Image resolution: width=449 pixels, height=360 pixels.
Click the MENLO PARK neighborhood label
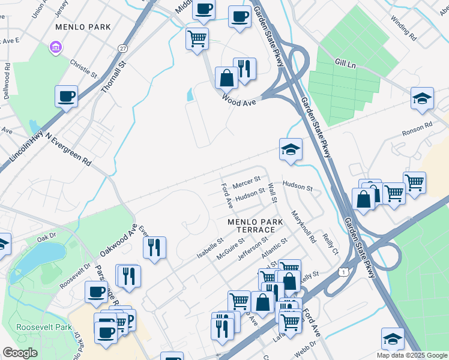(83, 27)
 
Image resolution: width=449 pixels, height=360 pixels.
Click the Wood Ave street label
(239, 99)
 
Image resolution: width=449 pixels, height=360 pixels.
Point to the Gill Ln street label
(347, 62)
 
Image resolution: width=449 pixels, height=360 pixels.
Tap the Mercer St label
(246, 179)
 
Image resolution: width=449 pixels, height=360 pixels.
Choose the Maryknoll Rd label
(303, 226)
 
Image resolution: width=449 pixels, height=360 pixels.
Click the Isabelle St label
(210, 248)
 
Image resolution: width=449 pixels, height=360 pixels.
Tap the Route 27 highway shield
(122, 48)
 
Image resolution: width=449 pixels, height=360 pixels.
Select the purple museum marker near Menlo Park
(55, 46)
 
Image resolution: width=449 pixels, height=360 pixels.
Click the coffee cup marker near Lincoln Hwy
(66, 95)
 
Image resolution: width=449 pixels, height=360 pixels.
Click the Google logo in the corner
(20, 353)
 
